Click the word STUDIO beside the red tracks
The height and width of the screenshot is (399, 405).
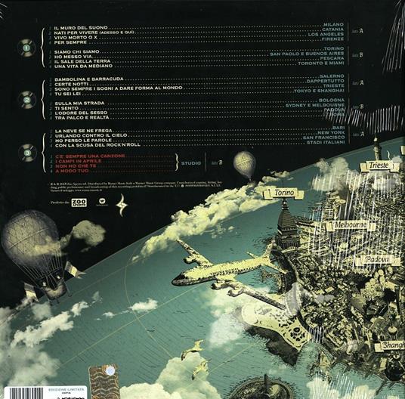pyautogui.click(x=191, y=162)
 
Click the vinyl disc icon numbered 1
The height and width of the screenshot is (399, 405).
pyautogui.click(x=26, y=50)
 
